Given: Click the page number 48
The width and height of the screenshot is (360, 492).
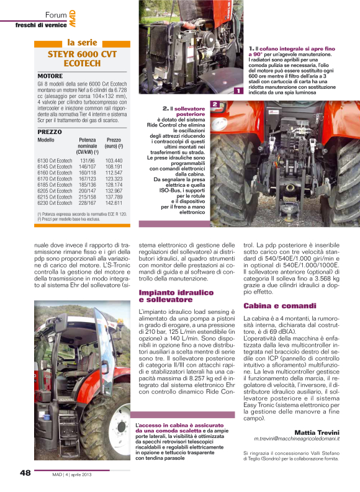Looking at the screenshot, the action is (25, 473).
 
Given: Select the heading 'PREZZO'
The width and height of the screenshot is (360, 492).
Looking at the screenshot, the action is (50, 132).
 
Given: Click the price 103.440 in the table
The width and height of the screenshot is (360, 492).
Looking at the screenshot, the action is (114, 161).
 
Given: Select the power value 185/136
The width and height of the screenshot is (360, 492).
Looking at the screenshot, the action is (88, 185).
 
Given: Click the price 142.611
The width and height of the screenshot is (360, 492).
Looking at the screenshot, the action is (114, 203).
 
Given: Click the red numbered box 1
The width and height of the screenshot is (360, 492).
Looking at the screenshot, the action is (239, 92).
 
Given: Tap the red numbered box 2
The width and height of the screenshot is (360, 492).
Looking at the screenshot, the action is (214, 104).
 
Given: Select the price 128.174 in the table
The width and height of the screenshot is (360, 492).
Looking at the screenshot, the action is (114, 185).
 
